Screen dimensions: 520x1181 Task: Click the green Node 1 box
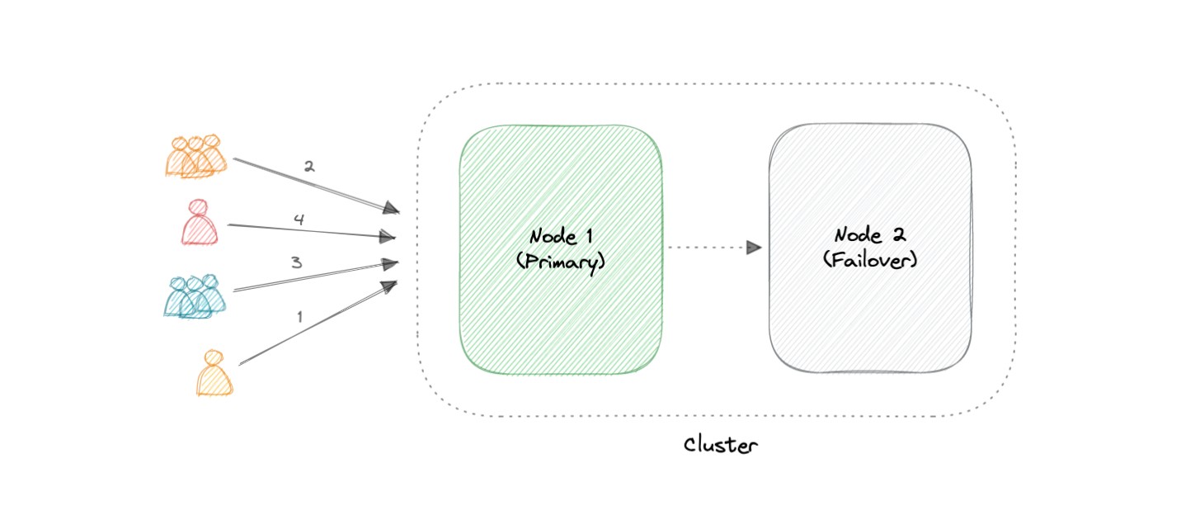pyautogui.click(x=561, y=314)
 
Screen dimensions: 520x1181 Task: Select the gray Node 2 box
pyautogui.click(x=870, y=322)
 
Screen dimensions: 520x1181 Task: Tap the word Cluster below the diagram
pyautogui.click(x=720, y=446)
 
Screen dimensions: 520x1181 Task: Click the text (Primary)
pyautogui.click(x=561, y=262)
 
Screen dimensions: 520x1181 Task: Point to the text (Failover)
pyautogui.click(x=870, y=260)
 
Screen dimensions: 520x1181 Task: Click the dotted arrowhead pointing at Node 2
pyautogui.click(x=753, y=247)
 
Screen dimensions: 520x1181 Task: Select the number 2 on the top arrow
pyautogui.click(x=309, y=167)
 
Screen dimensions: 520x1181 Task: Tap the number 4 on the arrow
pyautogui.click(x=299, y=220)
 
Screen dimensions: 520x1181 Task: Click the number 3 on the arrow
pyautogui.click(x=296, y=262)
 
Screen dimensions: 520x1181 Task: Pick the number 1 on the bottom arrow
pyautogui.click(x=299, y=316)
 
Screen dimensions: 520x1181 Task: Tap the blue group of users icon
pyautogui.click(x=195, y=295)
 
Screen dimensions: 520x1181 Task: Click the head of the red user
pyautogui.click(x=198, y=207)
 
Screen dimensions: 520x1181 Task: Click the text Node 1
pyautogui.click(x=561, y=237)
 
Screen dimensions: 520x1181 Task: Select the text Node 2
pyautogui.click(x=870, y=235)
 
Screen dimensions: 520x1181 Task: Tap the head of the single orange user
pyautogui.click(x=214, y=357)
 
